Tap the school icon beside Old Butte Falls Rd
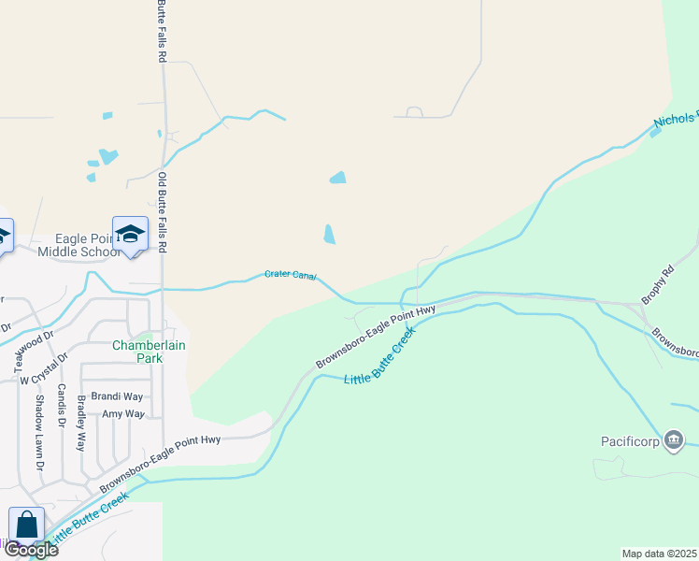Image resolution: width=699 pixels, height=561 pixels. (130, 235)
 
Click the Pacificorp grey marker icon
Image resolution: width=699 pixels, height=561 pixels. (673, 440)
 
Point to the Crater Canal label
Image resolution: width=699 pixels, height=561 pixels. (291, 275)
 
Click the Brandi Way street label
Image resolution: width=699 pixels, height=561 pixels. (117, 396)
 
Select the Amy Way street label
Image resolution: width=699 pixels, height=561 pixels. (122, 413)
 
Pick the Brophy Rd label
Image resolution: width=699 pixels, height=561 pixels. (657, 288)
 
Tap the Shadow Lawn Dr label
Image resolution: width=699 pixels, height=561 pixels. (40, 431)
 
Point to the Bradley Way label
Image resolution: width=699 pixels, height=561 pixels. (82, 424)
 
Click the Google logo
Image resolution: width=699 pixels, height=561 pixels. (31, 550)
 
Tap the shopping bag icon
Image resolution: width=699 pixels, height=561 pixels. (26, 525)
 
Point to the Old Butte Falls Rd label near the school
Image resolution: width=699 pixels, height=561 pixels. (163, 213)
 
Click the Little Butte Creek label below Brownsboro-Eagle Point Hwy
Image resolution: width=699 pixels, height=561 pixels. (379, 361)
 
